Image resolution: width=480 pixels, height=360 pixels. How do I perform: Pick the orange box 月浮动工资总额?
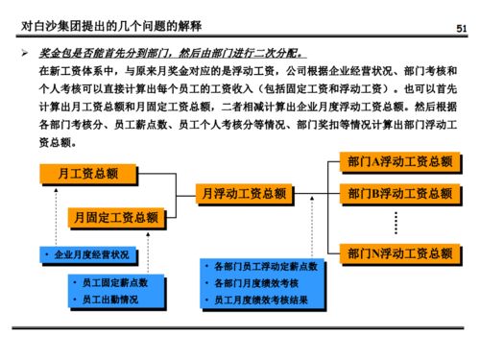(x=242, y=194)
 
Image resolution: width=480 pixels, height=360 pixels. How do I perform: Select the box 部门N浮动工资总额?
(x=400, y=254)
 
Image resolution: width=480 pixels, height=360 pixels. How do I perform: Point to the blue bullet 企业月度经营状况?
(x=90, y=255)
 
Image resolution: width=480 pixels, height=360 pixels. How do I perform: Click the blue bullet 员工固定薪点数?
(x=114, y=284)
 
